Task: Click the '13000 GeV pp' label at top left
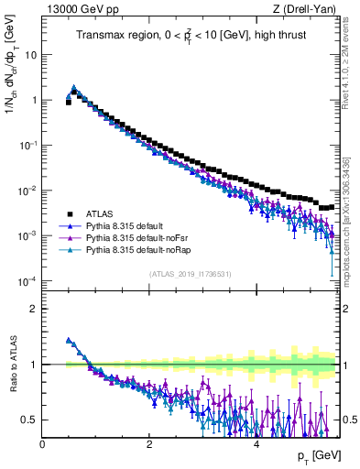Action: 76,9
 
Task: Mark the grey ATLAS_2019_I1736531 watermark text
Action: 190,274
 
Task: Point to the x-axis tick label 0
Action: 43,443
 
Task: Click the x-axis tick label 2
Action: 149,443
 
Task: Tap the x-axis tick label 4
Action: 256,443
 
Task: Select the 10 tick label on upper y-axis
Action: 29,54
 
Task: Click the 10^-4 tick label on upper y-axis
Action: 27,280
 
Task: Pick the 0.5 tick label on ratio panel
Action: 28,420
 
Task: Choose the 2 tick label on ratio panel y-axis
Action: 33,309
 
